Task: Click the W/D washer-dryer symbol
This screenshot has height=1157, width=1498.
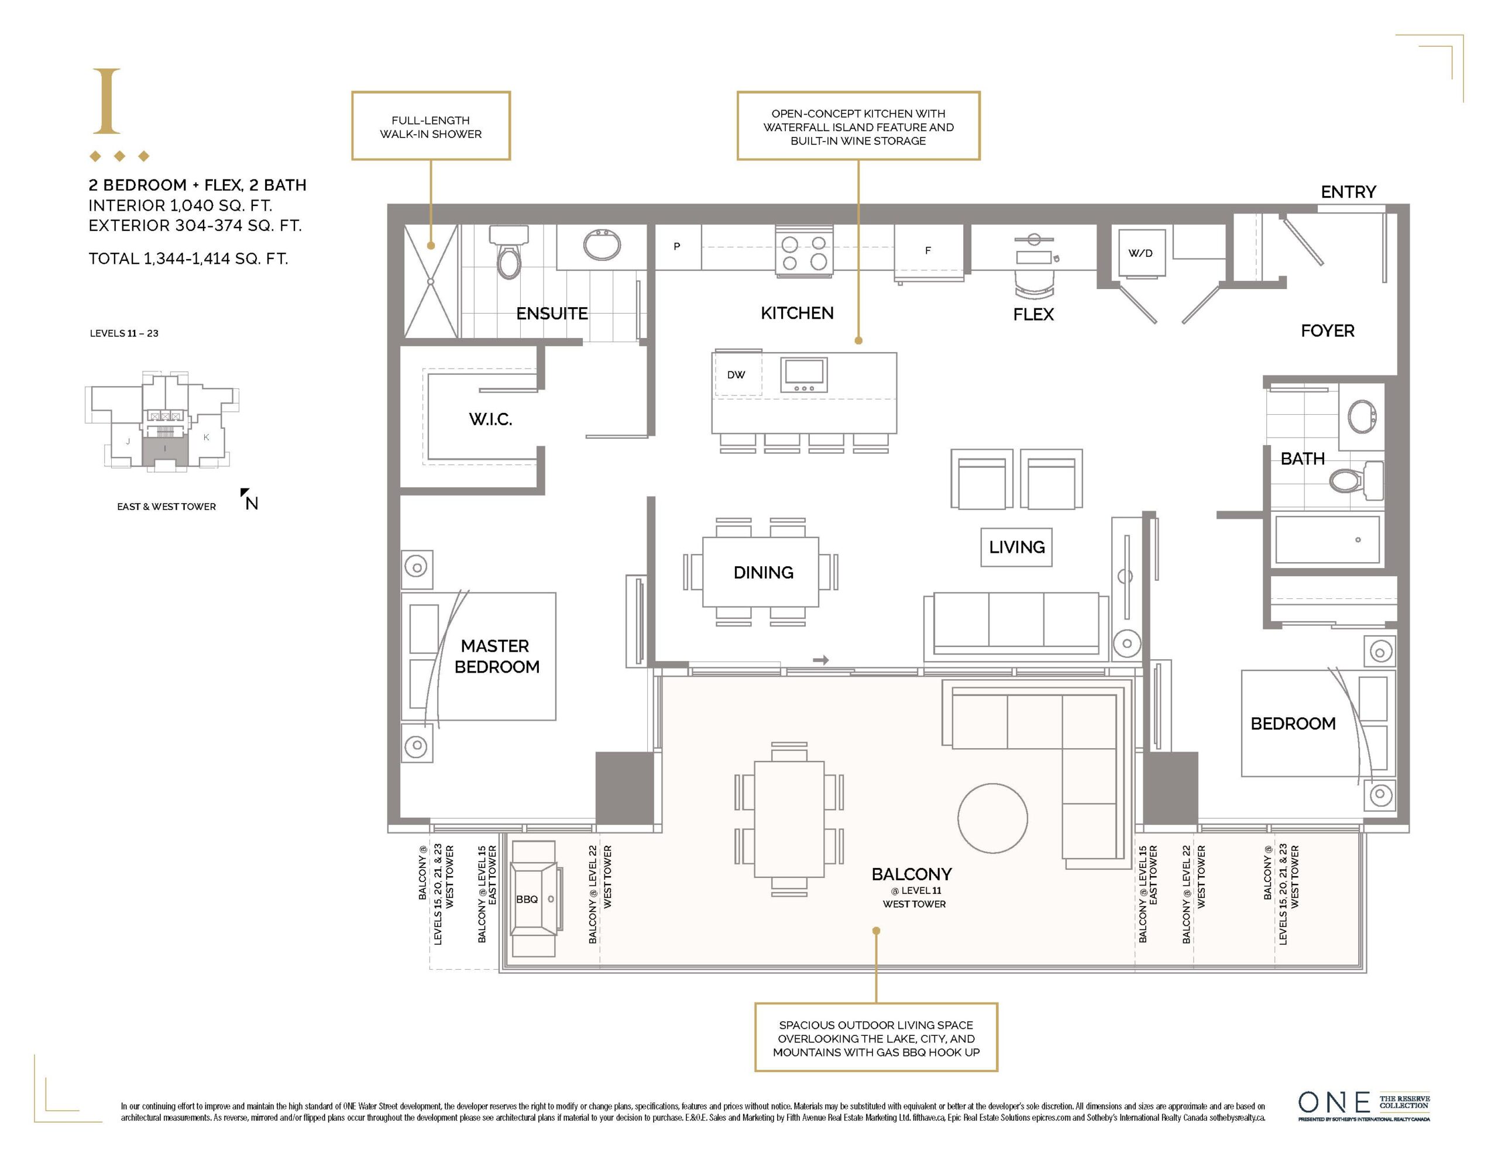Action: tap(1140, 253)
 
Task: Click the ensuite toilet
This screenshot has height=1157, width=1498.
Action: tap(509, 252)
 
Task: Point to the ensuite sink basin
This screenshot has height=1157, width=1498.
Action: tap(602, 244)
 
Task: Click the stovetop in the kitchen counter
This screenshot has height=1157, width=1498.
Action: tap(804, 252)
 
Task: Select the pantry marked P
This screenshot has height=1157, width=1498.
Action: tap(677, 247)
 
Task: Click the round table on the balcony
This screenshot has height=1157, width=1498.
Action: tap(992, 818)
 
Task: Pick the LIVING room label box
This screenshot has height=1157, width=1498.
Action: tap(1016, 546)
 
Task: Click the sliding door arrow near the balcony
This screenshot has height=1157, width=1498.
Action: tap(821, 660)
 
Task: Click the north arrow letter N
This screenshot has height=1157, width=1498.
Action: tap(252, 504)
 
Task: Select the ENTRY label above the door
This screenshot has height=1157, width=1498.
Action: tap(1348, 191)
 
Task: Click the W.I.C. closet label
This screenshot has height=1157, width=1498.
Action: tap(490, 419)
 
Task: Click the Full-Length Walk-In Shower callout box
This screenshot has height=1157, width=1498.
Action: tap(431, 126)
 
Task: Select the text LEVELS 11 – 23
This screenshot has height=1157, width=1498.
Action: tap(124, 333)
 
